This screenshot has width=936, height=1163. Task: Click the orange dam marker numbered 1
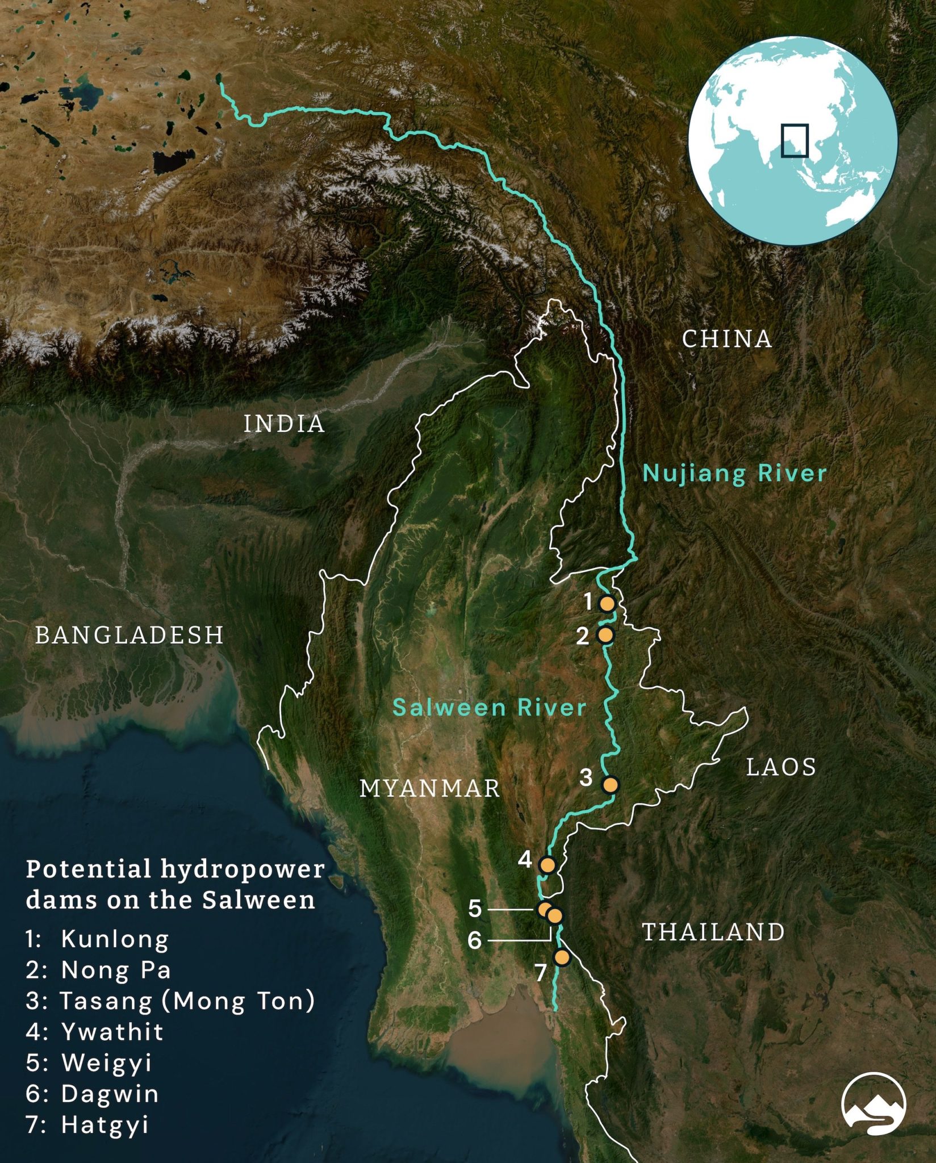point(607,604)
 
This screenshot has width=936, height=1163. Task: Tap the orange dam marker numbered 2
point(606,635)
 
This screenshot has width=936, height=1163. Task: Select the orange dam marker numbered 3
point(610,785)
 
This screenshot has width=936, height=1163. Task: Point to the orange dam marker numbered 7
point(562,957)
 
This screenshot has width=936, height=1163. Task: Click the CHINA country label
point(727,339)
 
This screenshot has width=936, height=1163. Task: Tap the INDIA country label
point(284,424)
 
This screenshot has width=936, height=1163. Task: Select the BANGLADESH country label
point(129,635)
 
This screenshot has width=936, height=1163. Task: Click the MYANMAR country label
point(430,788)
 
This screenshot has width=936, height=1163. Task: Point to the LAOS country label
point(781,767)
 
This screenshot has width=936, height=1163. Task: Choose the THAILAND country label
point(713,932)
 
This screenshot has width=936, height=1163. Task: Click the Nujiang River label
point(734,473)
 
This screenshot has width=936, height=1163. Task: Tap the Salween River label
point(489,708)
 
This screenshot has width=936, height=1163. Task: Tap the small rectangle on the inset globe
point(794,140)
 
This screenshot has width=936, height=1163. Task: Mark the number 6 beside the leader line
point(475,941)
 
